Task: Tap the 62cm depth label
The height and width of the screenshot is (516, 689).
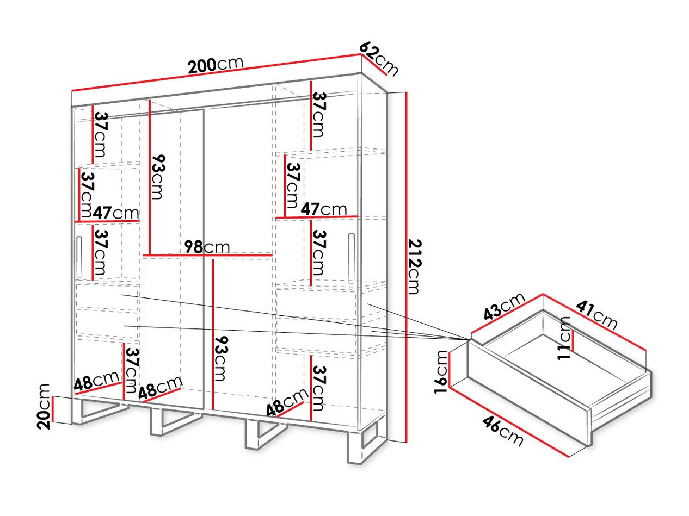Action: click(378, 61)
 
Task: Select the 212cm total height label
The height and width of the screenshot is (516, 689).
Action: click(415, 267)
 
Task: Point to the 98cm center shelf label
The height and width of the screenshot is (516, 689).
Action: click(207, 247)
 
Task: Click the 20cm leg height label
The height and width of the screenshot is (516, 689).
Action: click(44, 406)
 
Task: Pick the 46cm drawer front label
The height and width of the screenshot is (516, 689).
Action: click(502, 432)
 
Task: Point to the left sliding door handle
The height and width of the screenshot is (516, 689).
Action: click(79, 257)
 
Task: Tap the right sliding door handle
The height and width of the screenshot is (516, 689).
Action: click(351, 258)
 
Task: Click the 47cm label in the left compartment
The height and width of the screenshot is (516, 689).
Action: click(115, 213)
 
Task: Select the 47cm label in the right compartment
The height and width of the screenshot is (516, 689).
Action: click(324, 209)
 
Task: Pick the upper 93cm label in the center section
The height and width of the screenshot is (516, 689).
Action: click(158, 177)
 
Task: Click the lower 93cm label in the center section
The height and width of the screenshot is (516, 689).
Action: click(220, 358)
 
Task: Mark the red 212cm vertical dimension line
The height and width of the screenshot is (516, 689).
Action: click(406, 267)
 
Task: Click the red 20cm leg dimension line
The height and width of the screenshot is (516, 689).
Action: click(53, 409)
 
